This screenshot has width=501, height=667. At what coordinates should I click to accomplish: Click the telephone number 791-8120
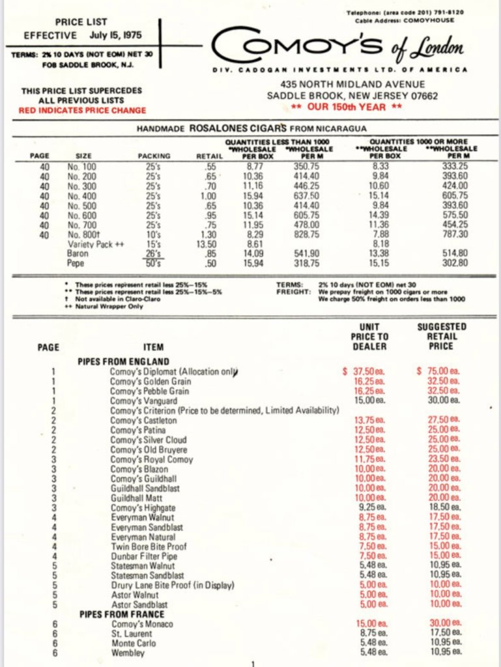point(438,13)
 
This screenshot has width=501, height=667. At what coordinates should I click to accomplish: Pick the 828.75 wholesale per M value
point(306,234)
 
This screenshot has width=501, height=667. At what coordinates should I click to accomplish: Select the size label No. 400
point(81,195)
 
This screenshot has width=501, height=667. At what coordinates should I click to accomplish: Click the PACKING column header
point(154,156)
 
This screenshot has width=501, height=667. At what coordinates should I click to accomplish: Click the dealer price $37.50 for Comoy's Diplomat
point(364,371)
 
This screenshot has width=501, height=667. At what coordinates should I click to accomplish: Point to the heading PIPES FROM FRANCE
point(123,614)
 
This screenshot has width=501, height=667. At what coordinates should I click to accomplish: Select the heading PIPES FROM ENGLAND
point(124,362)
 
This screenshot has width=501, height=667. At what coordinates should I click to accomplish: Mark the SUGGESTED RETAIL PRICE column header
point(441,336)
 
